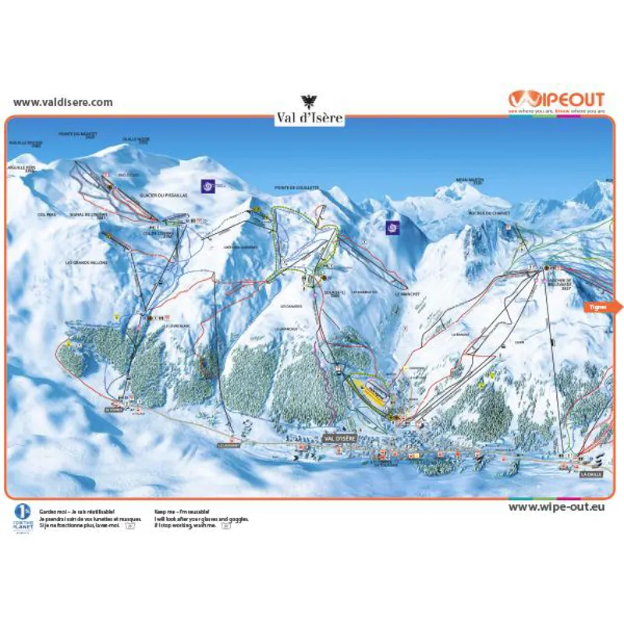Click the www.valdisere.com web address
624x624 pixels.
point(63,102)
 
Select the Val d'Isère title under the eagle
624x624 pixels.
point(309,119)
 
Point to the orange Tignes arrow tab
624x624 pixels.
point(599,307)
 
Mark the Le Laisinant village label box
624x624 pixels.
point(232,445)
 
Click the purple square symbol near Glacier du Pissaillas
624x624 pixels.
point(207,186)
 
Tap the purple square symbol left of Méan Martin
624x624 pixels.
point(392,227)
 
